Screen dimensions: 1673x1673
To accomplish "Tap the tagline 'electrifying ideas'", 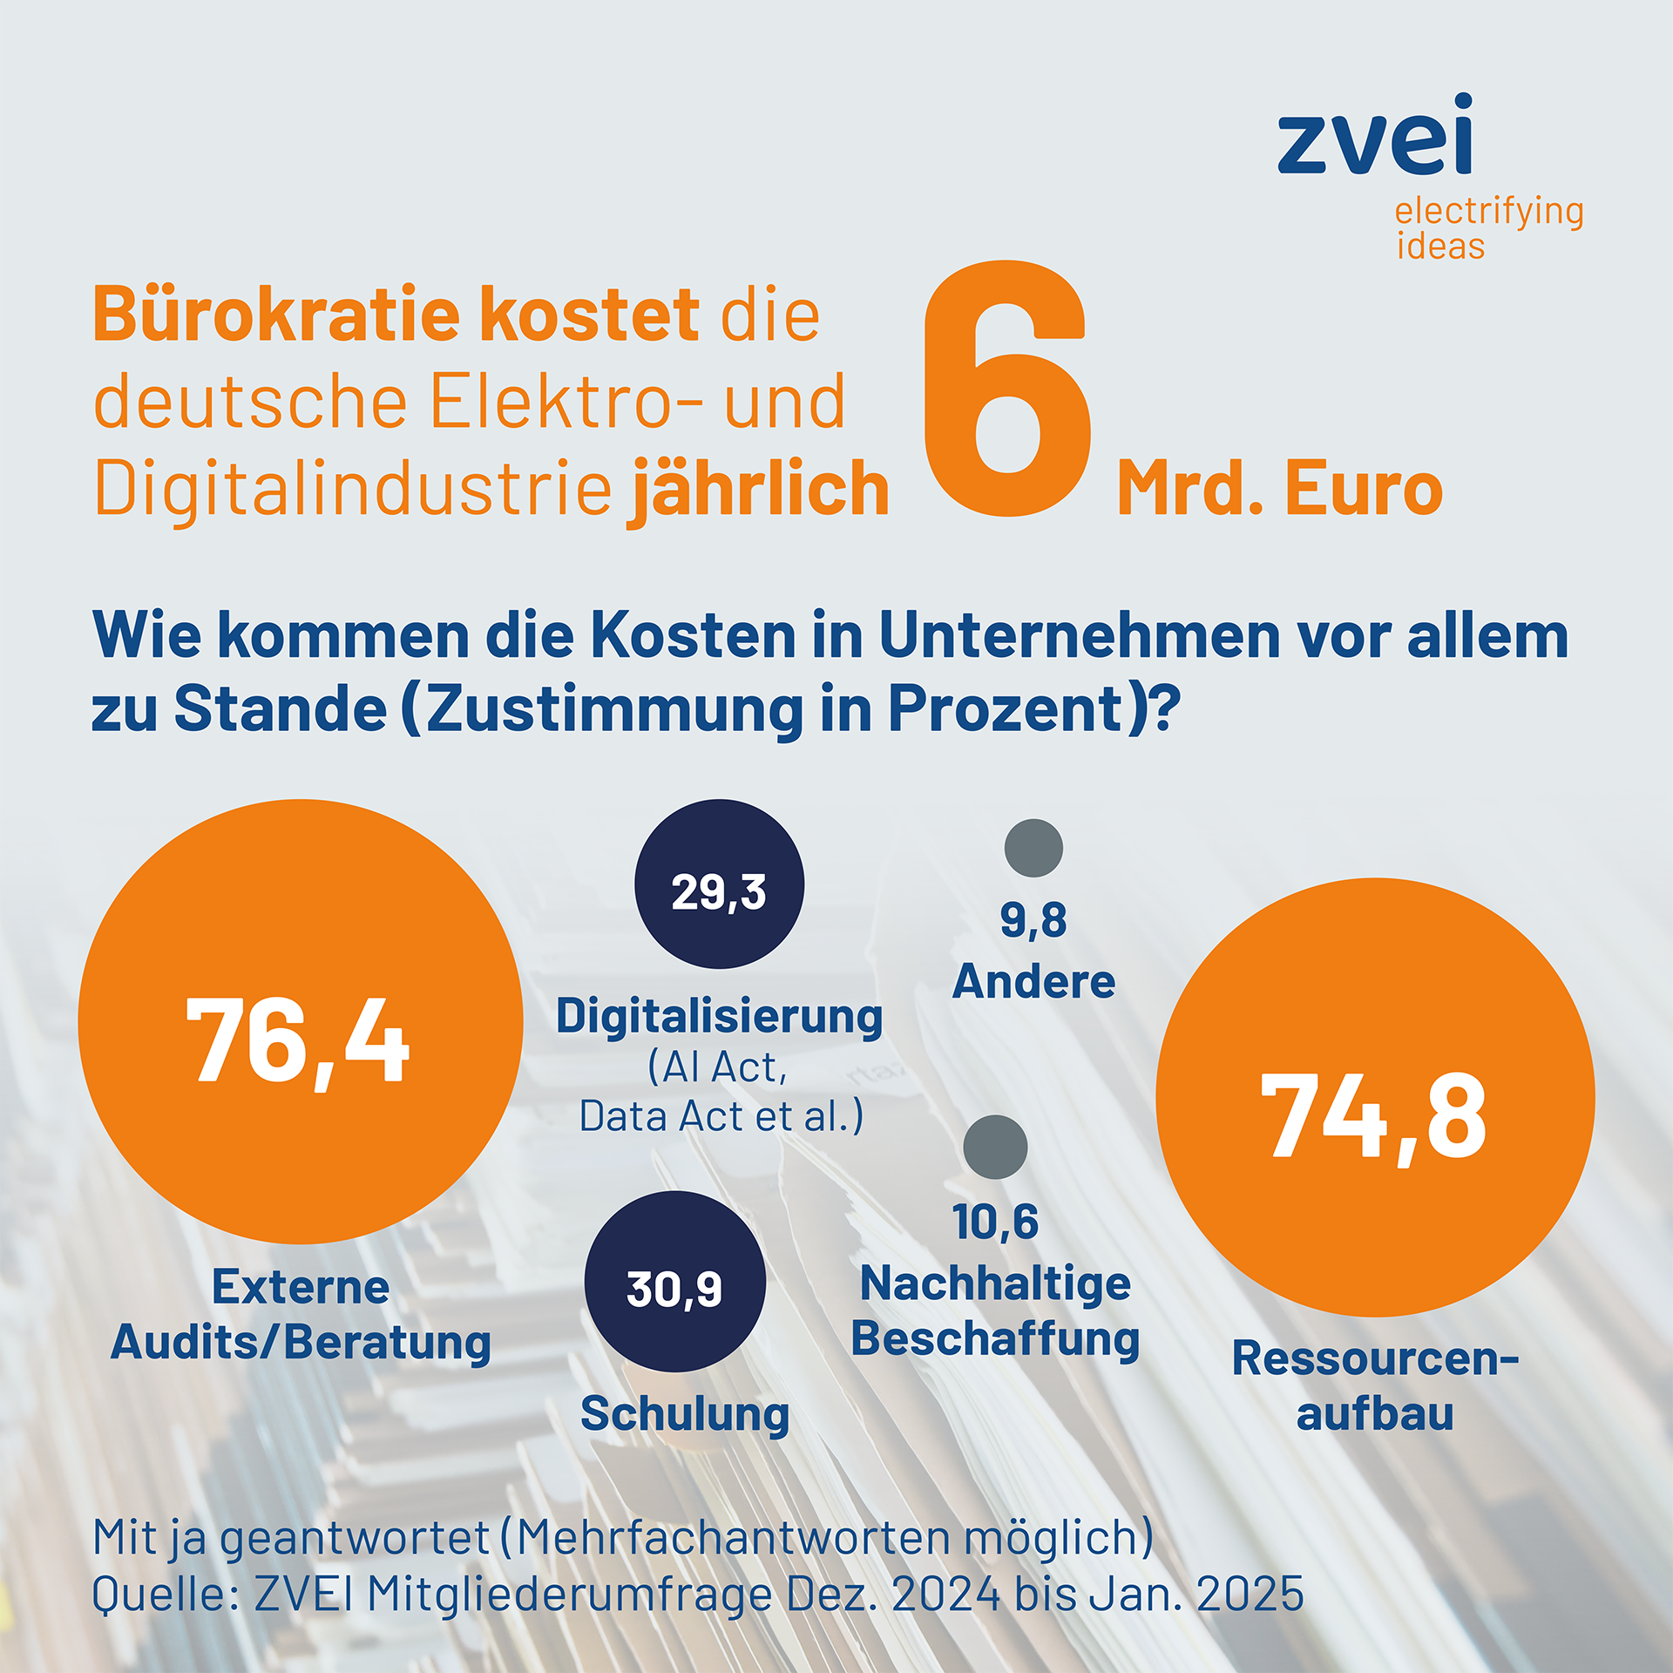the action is coord(1489,227).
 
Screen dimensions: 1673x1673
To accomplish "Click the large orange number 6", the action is coord(1007,389).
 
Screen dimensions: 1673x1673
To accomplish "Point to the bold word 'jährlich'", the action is coord(758,491).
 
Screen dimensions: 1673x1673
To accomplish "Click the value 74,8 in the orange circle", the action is coord(1374,1116).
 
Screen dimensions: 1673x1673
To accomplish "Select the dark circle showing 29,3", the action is coord(719,884).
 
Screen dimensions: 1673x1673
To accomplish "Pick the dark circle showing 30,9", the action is coord(674,1281).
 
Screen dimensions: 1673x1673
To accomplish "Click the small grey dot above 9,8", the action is coord(1033,848).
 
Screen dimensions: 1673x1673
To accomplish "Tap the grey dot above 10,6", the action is coord(995,1147).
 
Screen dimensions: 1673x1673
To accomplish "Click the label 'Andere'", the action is coord(1033,982).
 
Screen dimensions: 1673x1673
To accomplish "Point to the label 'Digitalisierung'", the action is coord(719,1018).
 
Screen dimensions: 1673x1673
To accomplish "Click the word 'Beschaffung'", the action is coord(995,1338).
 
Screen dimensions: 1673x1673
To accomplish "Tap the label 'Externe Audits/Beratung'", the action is coord(301,1315).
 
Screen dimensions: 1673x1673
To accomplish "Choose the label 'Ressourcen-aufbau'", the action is coord(1375,1385).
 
